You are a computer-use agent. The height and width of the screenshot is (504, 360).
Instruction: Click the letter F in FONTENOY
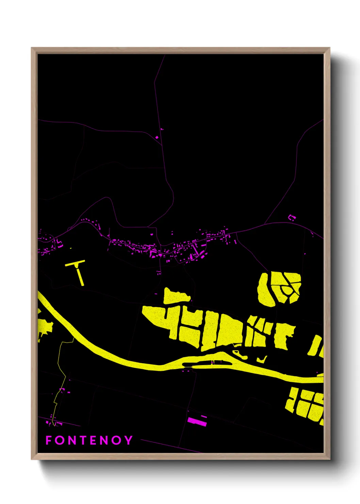[48, 440]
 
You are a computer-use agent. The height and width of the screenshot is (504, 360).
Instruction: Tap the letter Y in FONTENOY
[128, 440]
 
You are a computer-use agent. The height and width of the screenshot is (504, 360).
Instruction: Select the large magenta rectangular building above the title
[197, 422]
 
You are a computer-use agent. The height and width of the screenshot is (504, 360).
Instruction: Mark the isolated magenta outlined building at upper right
[292, 217]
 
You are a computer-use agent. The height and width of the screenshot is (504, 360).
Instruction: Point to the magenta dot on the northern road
[157, 137]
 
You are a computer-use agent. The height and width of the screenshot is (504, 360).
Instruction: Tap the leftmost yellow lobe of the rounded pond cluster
[264, 289]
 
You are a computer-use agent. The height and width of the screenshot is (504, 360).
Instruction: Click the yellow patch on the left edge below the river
[44, 327]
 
